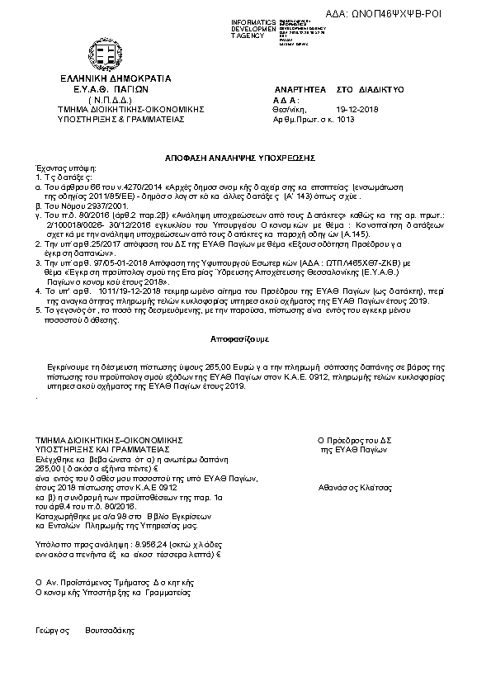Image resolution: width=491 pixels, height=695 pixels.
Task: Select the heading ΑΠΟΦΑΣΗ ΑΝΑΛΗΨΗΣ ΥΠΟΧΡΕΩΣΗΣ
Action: click(x=246, y=157)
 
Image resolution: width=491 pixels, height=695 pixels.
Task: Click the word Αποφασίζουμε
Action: click(x=245, y=340)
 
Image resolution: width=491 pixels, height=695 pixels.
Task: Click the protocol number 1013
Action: click(x=346, y=119)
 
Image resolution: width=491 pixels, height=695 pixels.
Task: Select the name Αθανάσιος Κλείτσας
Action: click(x=351, y=487)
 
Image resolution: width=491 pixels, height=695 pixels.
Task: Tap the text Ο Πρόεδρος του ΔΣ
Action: click(x=352, y=442)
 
